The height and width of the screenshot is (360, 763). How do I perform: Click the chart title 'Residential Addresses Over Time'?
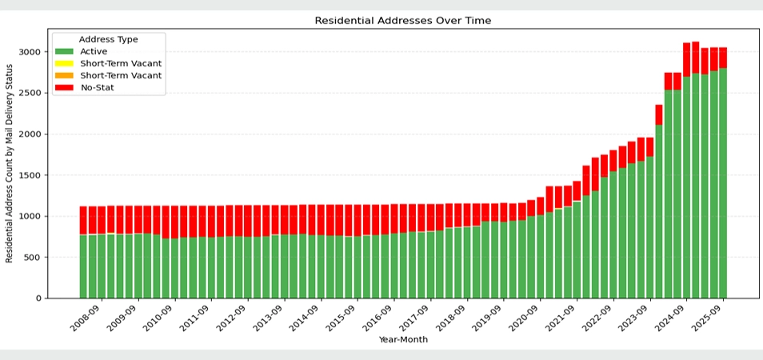coord(403,20)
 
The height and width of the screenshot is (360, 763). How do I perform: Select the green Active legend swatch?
coord(65,51)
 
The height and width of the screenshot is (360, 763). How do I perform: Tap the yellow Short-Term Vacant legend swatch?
coord(65,63)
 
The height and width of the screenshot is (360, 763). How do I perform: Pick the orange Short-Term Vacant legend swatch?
coord(65,75)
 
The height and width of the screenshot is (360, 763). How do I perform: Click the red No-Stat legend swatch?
coord(65,87)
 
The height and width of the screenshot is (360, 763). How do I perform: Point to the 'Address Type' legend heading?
coord(108,39)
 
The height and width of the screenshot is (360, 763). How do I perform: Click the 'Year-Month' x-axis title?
coord(403,340)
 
